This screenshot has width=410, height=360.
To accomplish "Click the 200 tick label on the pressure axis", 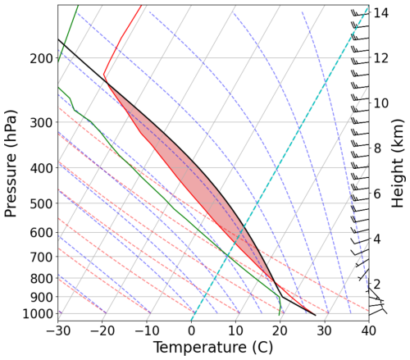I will coord(41,59).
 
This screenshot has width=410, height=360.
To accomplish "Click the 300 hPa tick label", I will coord(41,123).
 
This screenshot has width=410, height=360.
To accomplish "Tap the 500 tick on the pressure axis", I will coord(41,203).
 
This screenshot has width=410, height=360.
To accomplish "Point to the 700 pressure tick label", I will coord(41,257).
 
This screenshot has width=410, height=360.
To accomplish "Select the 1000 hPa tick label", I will coord(38,314).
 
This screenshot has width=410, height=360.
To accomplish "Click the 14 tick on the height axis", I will coord(381,13).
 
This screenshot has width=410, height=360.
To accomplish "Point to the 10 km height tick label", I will coord(381,103).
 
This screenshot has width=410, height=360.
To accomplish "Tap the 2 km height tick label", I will coord(378,284).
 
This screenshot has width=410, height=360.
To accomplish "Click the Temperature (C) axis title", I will coord(212,348).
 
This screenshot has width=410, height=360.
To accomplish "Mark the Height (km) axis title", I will coord(399,164).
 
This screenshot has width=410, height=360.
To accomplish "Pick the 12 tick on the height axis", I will coord(381,58).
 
